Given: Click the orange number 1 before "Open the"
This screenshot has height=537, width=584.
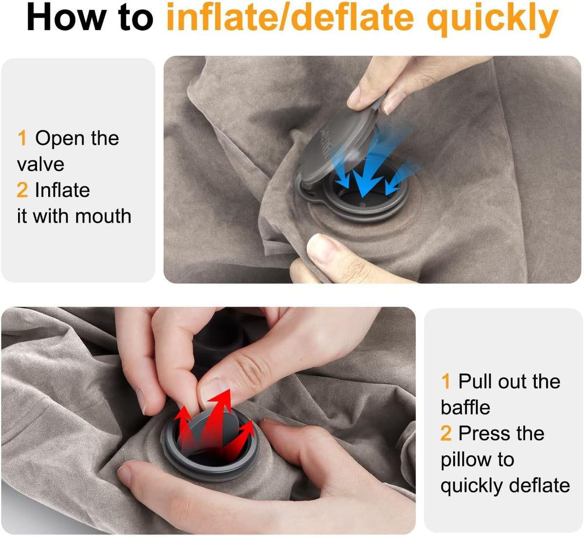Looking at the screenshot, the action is (22, 138).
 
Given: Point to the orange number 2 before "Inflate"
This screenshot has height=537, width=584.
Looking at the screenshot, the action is (22, 190).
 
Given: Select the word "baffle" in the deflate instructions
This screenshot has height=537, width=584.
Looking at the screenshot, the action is (465, 407).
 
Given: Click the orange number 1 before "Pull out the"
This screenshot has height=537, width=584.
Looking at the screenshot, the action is (446, 381).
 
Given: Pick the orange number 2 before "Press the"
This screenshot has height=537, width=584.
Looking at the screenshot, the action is (446, 433).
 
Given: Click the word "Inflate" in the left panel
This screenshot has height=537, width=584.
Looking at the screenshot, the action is (62, 190).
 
